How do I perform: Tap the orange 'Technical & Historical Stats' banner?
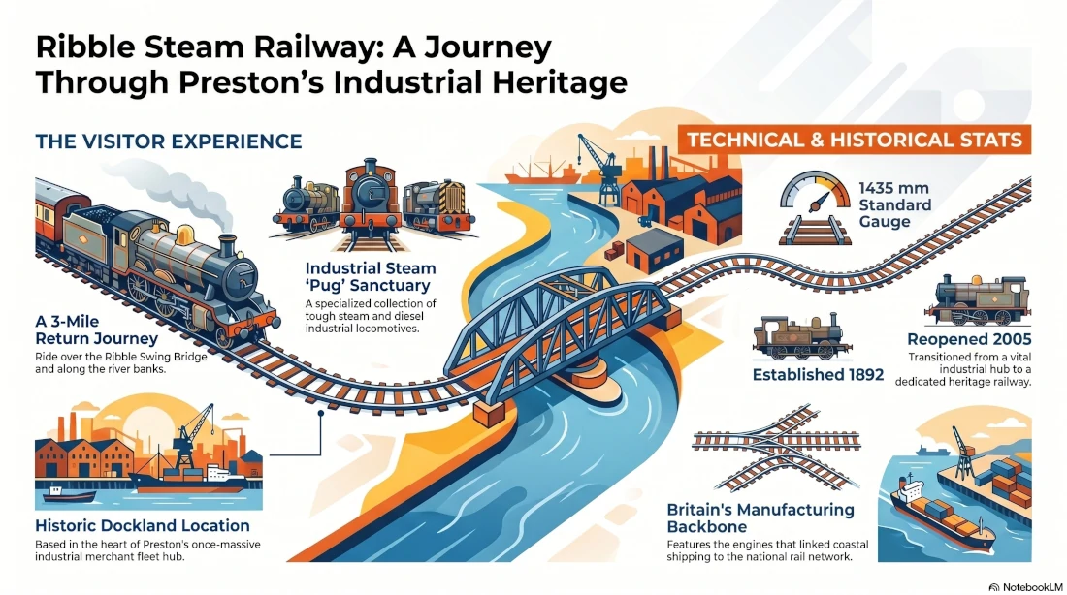click(x=854, y=141)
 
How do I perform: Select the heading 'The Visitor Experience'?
click(x=169, y=141)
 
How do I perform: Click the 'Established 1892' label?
click(x=818, y=375)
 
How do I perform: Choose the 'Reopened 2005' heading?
click(x=969, y=339)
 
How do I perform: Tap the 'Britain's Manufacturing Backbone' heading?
click(x=760, y=518)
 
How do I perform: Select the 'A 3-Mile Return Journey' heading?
click(x=97, y=329)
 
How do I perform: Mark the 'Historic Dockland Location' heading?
click(x=143, y=525)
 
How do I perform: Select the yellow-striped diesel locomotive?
click(x=438, y=205)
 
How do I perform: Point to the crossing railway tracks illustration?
click(x=776, y=448)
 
